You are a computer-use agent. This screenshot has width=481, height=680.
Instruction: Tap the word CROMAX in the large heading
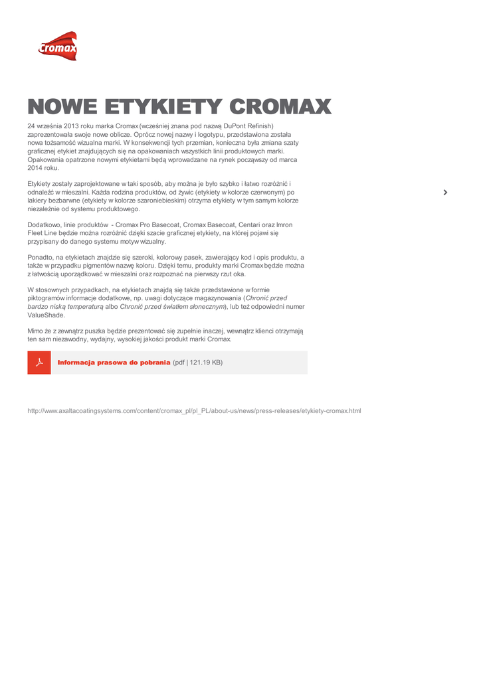[x=280, y=107]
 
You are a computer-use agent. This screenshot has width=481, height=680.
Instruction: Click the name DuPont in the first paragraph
[x=235, y=126]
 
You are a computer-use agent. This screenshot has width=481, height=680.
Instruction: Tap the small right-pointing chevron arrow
[x=445, y=193]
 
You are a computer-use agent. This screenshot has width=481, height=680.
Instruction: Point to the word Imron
[x=284, y=225]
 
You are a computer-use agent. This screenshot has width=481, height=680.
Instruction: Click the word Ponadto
[x=41, y=257]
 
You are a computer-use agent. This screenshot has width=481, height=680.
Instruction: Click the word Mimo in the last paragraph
[x=35, y=330]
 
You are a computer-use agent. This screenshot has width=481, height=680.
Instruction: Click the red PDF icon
[x=39, y=363]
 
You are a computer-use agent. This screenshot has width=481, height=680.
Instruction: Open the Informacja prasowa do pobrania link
[x=114, y=363]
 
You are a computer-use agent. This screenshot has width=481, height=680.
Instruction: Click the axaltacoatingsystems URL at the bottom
[x=194, y=411]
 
